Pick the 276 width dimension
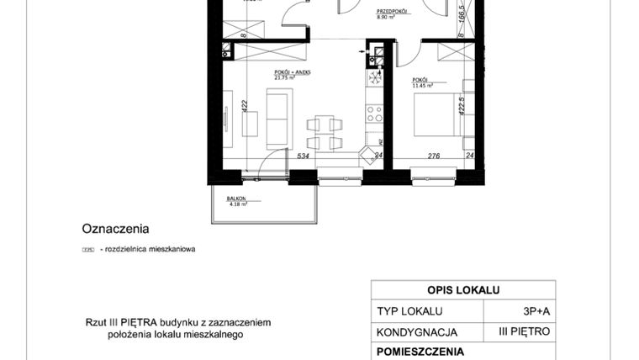[x=435, y=155]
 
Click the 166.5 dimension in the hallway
[x=461, y=15]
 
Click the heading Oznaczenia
[x=115, y=228]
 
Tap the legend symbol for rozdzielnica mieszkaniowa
[x=87, y=249]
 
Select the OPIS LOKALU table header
[x=462, y=290]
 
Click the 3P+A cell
[x=528, y=311]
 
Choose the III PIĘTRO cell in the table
[x=528, y=332]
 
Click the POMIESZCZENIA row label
[x=420, y=352]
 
